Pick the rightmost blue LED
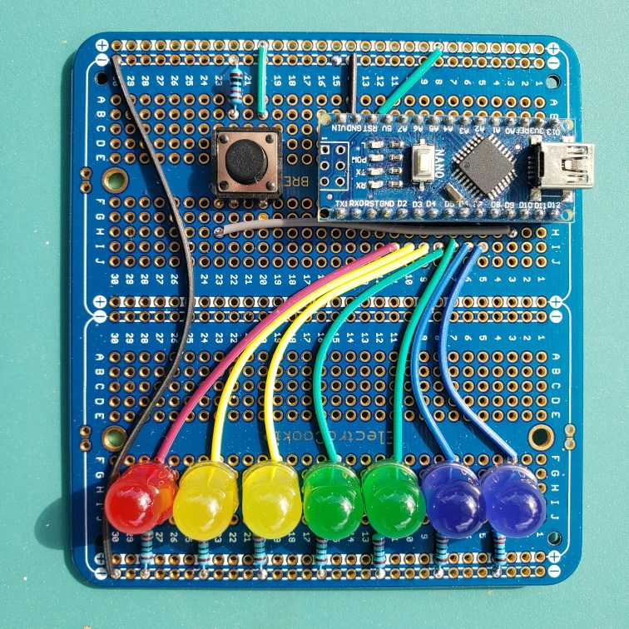coord(513,500)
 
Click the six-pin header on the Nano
coord(339,164)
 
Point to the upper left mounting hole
coord(114,177)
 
